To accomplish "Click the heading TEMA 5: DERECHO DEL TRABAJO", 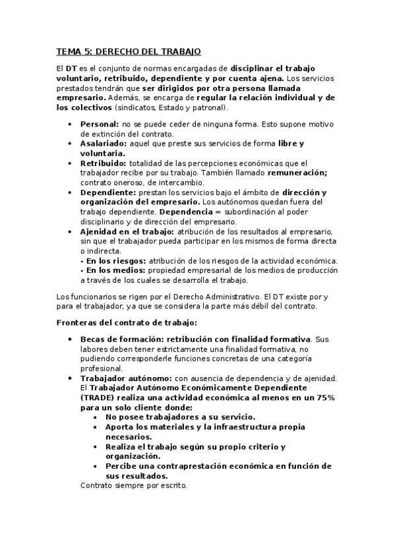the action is tap(129, 51).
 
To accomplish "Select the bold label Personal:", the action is tap(100, 124).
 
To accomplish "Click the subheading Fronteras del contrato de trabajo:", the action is tap(127, 322).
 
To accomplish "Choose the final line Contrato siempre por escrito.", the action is tap(134, 486).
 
